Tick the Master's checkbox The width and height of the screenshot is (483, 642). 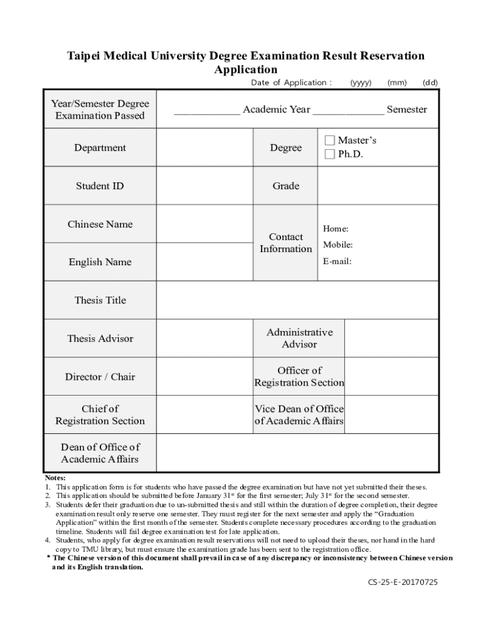pos(330,140)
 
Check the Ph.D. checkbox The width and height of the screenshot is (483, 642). pos(330,154)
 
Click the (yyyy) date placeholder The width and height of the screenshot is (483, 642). pos(361,83)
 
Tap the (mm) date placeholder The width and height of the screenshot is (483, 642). pos(397,83)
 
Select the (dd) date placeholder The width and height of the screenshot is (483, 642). pos(430,83)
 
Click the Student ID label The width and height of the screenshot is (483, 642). pos(100,186)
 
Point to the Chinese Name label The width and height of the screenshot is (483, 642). pos(100,224)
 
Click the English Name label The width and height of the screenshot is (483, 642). pos(100,262)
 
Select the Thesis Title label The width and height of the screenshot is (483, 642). pos(100,300)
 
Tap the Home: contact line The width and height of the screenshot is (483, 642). pos(336,229)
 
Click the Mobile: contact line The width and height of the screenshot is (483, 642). pos(337,245)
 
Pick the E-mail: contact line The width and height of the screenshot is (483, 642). pos(337,261)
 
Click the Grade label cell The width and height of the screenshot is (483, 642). pos(285,186)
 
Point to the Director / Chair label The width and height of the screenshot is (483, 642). pos(100,377)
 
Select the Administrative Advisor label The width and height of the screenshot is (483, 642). pos(299,339)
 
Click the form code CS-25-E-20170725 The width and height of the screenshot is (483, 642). pos(403,582)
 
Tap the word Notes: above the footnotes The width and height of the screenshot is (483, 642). pos(55,478)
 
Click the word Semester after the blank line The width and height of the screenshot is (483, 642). pos(406,110)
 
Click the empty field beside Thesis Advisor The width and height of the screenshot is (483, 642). pos(204,339)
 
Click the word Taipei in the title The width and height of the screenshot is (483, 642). pos(85,56)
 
